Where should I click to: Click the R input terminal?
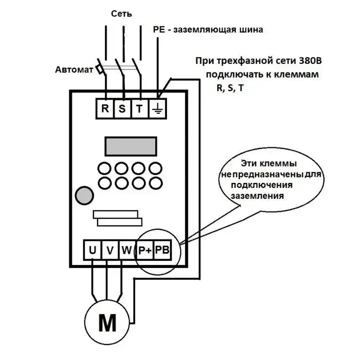105,108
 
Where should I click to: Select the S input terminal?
122,108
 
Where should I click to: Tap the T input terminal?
139,108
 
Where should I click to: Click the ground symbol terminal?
157,108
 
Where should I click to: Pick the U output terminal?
93,250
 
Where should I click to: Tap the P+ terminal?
145,250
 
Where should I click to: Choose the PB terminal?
162,250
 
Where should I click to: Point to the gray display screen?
131,146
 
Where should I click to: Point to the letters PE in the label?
159,30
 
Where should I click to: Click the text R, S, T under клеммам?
229,88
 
